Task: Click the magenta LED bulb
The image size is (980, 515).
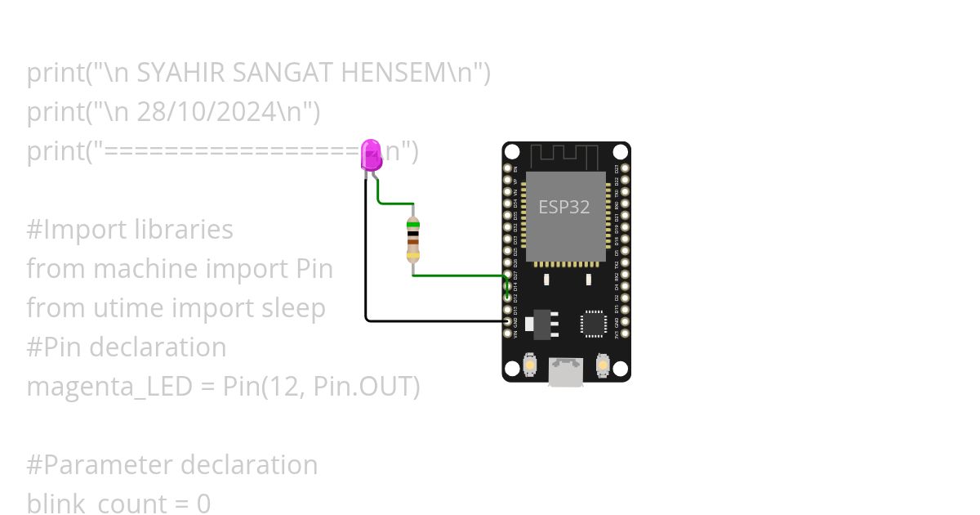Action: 371,154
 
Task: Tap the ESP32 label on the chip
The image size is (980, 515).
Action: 563,207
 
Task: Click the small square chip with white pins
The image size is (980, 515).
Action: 593,324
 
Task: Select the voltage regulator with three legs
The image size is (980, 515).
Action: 540,323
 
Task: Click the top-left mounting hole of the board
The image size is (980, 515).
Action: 512,152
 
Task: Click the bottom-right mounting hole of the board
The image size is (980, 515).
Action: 621,369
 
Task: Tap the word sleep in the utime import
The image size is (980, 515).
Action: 292,309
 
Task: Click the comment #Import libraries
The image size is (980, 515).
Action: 130,230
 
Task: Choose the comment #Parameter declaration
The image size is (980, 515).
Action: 172,465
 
